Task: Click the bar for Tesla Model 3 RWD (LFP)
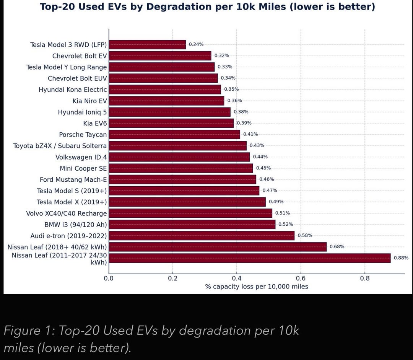[x=147, y=45]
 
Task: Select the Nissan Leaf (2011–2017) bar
[x=249, y=258]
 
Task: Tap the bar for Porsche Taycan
[x=174, y=135]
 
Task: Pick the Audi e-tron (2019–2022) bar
[x=202, y=236]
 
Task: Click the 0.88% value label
[x=401, y=258]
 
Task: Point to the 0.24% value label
[x=196, y=44]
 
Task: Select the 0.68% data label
[x=337, y=247]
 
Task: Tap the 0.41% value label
[x=250, y=134]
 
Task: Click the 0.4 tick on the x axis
[x=237, y=278]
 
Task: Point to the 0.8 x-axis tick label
[x=365, y=278]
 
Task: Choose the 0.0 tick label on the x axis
[x=109, y=278]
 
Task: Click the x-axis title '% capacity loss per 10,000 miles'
[x=256, y=287]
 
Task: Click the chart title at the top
[x=207, y=7]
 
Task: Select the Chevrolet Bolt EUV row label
[x=77, y=78]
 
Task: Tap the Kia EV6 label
[x=95, y=124]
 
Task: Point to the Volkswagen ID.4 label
[x=81, y=157]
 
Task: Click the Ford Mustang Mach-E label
[x=73, y=180]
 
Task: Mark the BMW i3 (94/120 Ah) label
[x=76, y=225]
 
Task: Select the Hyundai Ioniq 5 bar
[x=170, y=112]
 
